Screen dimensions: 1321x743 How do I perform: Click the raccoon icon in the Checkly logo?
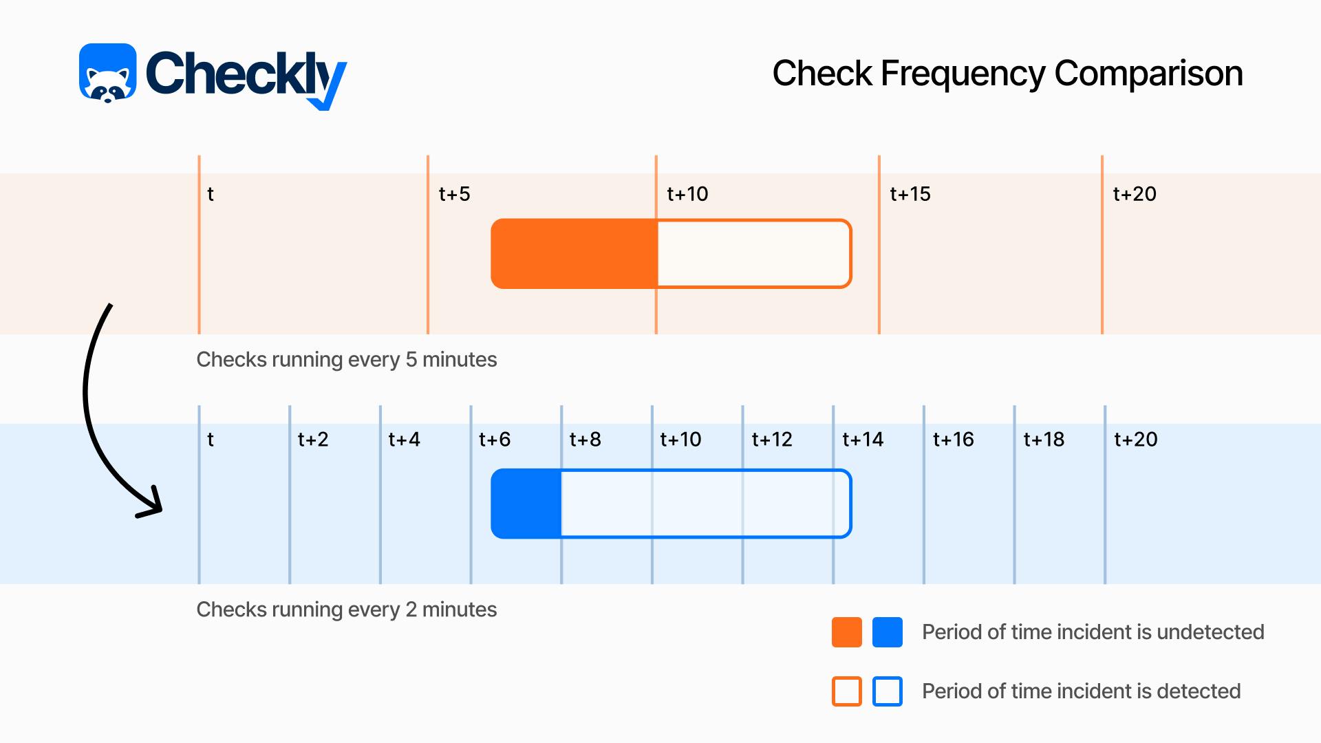pyautogui.click(x=108, y=73)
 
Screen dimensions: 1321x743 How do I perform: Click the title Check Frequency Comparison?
pyautogui.click(x=1007, y=74)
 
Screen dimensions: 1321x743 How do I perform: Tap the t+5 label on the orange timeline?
pyautogui.click(x=454, y=194)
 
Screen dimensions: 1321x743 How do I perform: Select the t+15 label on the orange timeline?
pyautogui.click(x=910, y=194)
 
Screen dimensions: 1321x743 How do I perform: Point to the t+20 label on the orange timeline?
pyautogui.click(x=1135, y=194)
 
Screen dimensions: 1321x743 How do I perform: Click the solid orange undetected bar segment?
pyautogui.click(x=574, y=253)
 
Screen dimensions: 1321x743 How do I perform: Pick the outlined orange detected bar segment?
pyautogui.click(x=755, y=253)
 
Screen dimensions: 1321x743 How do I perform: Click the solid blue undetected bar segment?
pyautogui.click(x=526, y=504)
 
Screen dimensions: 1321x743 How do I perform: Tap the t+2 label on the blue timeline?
pyautogui.click(x=313, y=440)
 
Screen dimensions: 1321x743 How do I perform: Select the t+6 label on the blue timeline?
pyautogui.click(x=495, y=440)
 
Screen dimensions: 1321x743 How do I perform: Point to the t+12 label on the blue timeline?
pyautogui.click(x=772, y=440)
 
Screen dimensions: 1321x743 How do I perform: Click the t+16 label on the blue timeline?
pyautogui.click(x=954, y=440)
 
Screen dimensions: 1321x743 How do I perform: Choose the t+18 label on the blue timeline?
pyautogui.click(x=1044, y=440)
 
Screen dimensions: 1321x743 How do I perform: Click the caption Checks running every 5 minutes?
pyautogui.click(x=347, y=360)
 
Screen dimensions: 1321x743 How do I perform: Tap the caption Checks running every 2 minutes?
pyautogui.click(x=347, y=610)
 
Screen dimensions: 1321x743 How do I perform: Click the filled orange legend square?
pyautogui.click(x=847, y=632)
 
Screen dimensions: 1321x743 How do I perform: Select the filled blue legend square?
pyautogui.click(x=888, y=632)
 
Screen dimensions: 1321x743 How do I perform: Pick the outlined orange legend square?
pyautogui.click(x=847, y=691)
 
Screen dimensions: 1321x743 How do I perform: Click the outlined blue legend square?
pyautogui.click(x=888, y=691)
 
